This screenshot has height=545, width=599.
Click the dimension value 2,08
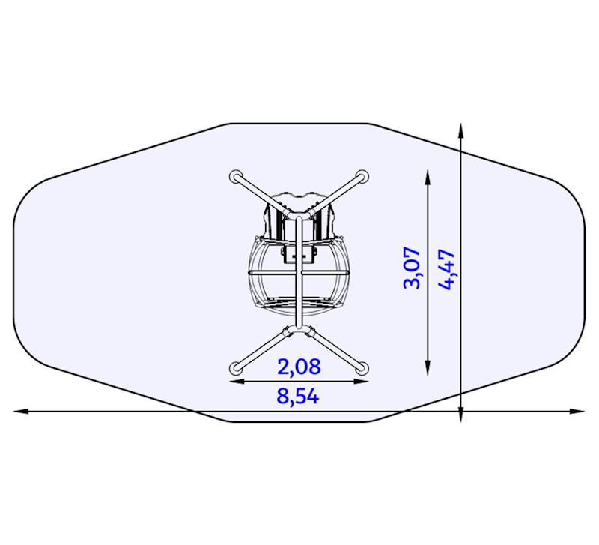tap(299, 367)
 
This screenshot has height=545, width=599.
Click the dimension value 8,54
tap(298, 397)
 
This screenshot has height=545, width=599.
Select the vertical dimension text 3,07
tap(412, 268)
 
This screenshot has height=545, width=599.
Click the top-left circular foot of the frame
tap(236, 177)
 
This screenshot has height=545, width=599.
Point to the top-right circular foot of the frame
tap(362, 177)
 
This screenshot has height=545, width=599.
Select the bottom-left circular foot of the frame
tap(236, 368)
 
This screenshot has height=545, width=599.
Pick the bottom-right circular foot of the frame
tap(362, 368)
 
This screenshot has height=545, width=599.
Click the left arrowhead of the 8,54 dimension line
tap(21, 411)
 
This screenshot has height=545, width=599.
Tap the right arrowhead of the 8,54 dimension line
tap(577, 411)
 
